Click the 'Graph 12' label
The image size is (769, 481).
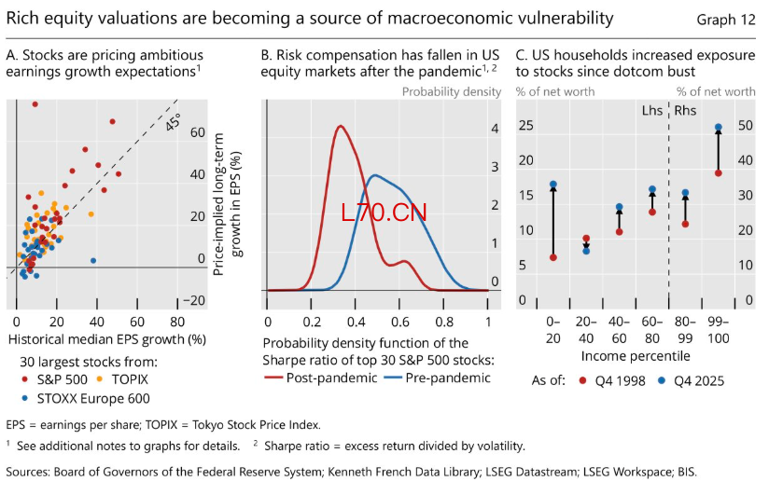(726, 20)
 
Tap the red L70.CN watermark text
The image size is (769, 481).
(384, 213)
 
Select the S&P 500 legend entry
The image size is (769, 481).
(54, 379)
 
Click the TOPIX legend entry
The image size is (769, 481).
(122, 379)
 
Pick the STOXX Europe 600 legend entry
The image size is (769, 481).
(86, 399)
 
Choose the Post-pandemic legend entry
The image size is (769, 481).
(321, 378)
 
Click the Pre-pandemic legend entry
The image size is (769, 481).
(437, 378)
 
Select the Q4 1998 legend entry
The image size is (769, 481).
(612, 380)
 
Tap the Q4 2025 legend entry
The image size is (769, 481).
(691, 380)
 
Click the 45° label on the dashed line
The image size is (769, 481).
(174, 122)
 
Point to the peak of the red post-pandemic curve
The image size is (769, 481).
(341, 127)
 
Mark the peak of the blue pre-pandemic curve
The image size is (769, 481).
(374, 175)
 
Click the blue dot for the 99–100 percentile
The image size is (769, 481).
(719, 128)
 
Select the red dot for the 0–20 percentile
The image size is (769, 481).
(553, 257)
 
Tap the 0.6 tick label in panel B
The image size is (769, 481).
(400, 322)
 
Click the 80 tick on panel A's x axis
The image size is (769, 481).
(177, 322)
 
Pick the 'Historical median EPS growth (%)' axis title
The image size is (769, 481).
(107, 339)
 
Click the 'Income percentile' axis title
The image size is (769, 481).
(636, 356)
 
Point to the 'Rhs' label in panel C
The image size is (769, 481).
(685, 111)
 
